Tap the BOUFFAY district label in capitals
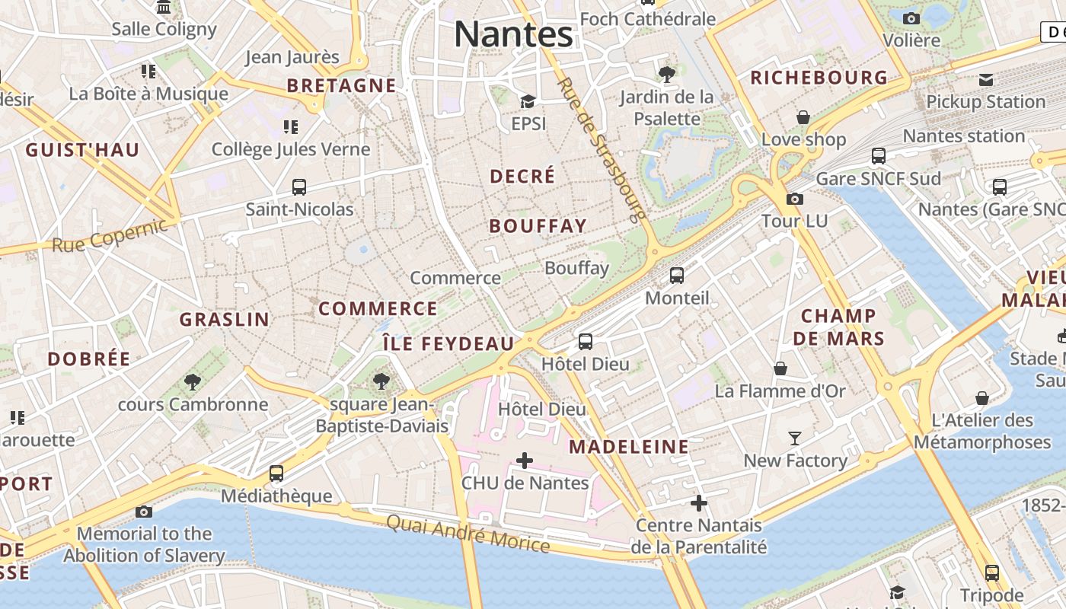(538, 226)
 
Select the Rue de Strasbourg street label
(602, 148)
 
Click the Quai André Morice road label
(468, 533)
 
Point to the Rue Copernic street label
(110, 235)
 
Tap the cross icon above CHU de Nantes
(525, 461)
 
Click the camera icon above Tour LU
(794, 199)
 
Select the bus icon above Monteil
(677, 276)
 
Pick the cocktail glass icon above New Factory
(795, 438)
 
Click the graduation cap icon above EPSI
(528, 101)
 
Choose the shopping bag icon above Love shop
(803, 117)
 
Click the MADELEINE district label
(629, 447)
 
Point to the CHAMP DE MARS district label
(839, 327)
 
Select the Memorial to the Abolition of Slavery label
(144, 544)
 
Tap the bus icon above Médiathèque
(276, 473)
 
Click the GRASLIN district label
(225, 320)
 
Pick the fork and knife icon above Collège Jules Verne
(290, 126)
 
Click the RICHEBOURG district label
(819, 78)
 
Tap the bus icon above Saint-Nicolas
(299, 187)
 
